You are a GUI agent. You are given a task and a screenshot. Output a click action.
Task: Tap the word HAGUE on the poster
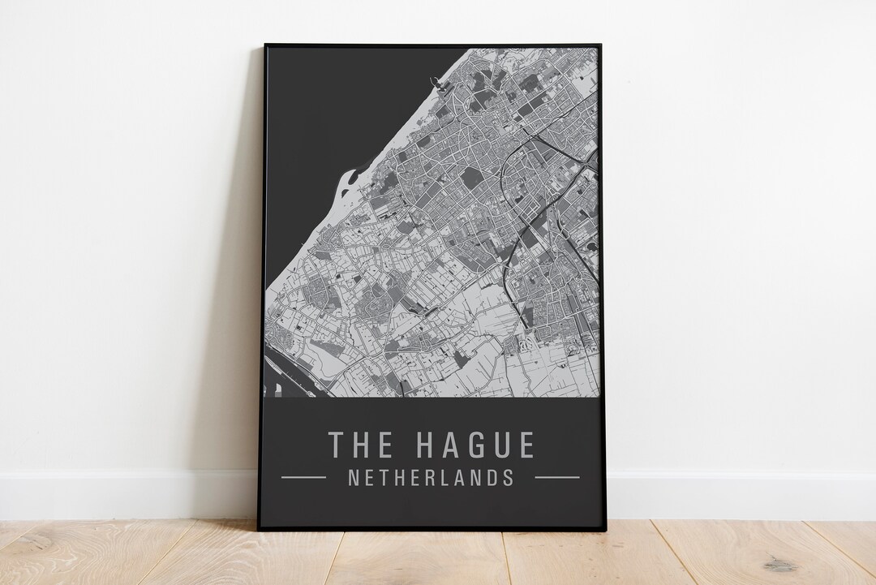coord(475,445)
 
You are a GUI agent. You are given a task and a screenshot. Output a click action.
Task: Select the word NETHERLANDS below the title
coord(431,477)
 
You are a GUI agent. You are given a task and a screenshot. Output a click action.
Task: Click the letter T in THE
coord(336,445)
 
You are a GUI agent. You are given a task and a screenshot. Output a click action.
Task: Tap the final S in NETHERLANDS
coord(509,477)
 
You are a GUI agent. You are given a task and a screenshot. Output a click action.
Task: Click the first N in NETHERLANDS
coord(353,477)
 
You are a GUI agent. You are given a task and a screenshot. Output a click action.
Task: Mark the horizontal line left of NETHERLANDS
coord(303,477)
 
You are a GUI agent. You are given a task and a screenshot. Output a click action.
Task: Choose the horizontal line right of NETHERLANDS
coord(557,477)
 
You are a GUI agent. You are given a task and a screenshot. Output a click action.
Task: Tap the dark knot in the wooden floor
coord(779,566)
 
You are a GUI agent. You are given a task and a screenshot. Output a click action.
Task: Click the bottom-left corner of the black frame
coord(260,529)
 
